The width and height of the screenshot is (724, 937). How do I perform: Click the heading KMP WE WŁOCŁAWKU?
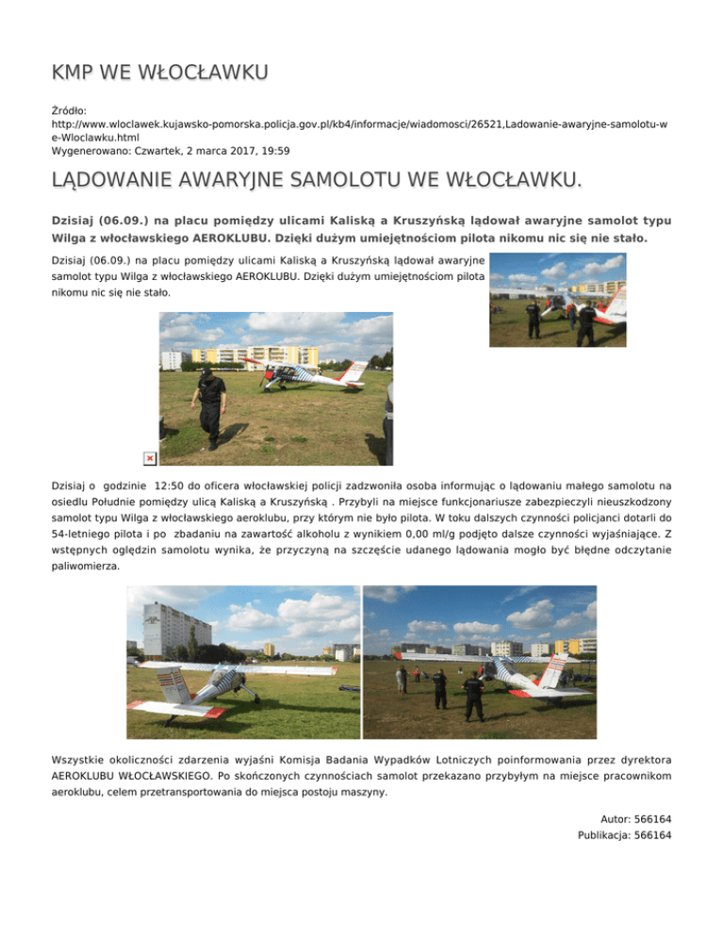coord(160,73)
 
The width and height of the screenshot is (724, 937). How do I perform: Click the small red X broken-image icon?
coord(149,458)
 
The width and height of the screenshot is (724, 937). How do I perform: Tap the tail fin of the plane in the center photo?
coord(354,372)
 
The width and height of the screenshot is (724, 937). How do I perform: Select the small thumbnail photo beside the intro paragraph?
coord(557,300)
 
